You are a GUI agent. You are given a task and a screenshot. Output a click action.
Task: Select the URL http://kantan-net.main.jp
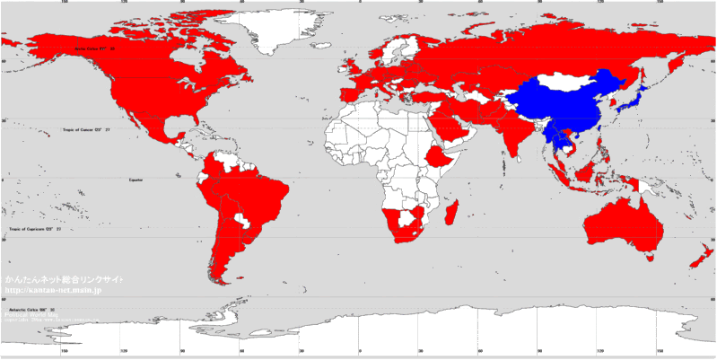point(54,290)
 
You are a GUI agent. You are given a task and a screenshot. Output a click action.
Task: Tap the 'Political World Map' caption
point(27,316)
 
